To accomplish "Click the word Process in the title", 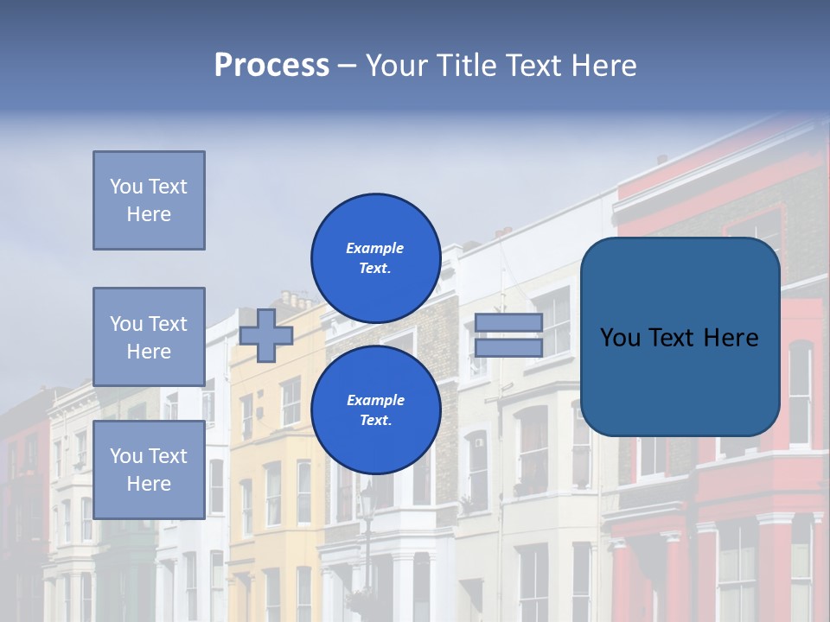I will point(271,66).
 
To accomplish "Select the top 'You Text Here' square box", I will point(149,200).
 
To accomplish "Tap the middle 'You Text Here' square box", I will point(149,337).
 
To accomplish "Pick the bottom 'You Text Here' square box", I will point(149,469).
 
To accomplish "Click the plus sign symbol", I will point(266,335).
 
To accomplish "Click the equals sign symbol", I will point(508,335).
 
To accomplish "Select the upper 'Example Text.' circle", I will point(375,257).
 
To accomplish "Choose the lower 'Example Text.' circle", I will point(375,409).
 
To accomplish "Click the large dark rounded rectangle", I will point(680,337).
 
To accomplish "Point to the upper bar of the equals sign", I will point(508,323).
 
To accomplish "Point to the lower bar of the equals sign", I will point(508,347).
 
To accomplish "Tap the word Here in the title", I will point(602,66).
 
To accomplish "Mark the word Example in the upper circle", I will point(375,248).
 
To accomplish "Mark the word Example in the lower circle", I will point(375,400).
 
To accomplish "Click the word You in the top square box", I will point(126,187).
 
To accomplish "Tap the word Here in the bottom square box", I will point(149,484).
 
